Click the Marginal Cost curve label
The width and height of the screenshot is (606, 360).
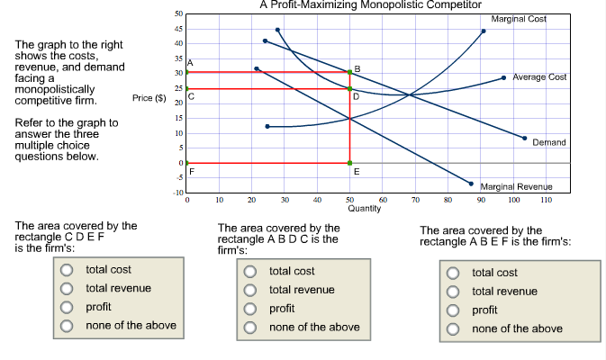coord(519,18)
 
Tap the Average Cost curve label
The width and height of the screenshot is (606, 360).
coord(538,77)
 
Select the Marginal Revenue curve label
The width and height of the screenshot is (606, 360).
coord(521,185)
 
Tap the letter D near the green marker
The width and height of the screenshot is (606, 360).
coord(356,96)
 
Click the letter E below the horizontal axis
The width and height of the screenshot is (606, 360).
coord(357,171)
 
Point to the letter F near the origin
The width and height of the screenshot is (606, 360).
coord(190,170)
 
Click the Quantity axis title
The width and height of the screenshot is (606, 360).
coord(365,208)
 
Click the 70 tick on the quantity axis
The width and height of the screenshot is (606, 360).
coord(415,199)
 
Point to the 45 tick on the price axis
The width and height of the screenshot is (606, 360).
coord(178,29)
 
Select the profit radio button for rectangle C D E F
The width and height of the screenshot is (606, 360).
coord(67,308)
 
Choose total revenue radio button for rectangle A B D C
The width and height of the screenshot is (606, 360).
coord(250,290)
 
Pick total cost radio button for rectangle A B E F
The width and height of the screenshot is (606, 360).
coord(454,272)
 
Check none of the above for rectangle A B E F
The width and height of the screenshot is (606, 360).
coord(454,328)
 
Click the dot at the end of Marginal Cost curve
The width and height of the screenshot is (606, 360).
coord(484,31)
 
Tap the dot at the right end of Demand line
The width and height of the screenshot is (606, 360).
coord(525,138)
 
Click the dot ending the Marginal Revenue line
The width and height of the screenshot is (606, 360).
coord(470,183)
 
